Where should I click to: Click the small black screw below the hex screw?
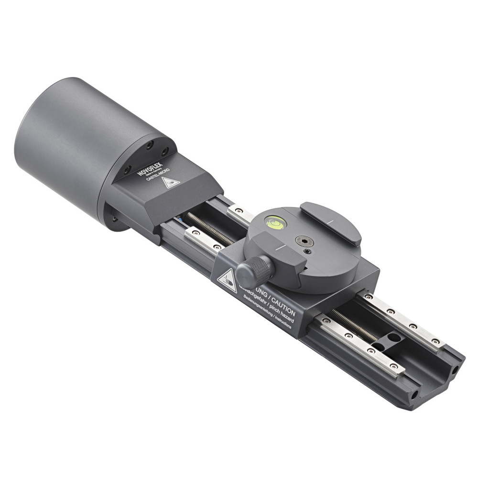pyautogui.click(x=306, y=251)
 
